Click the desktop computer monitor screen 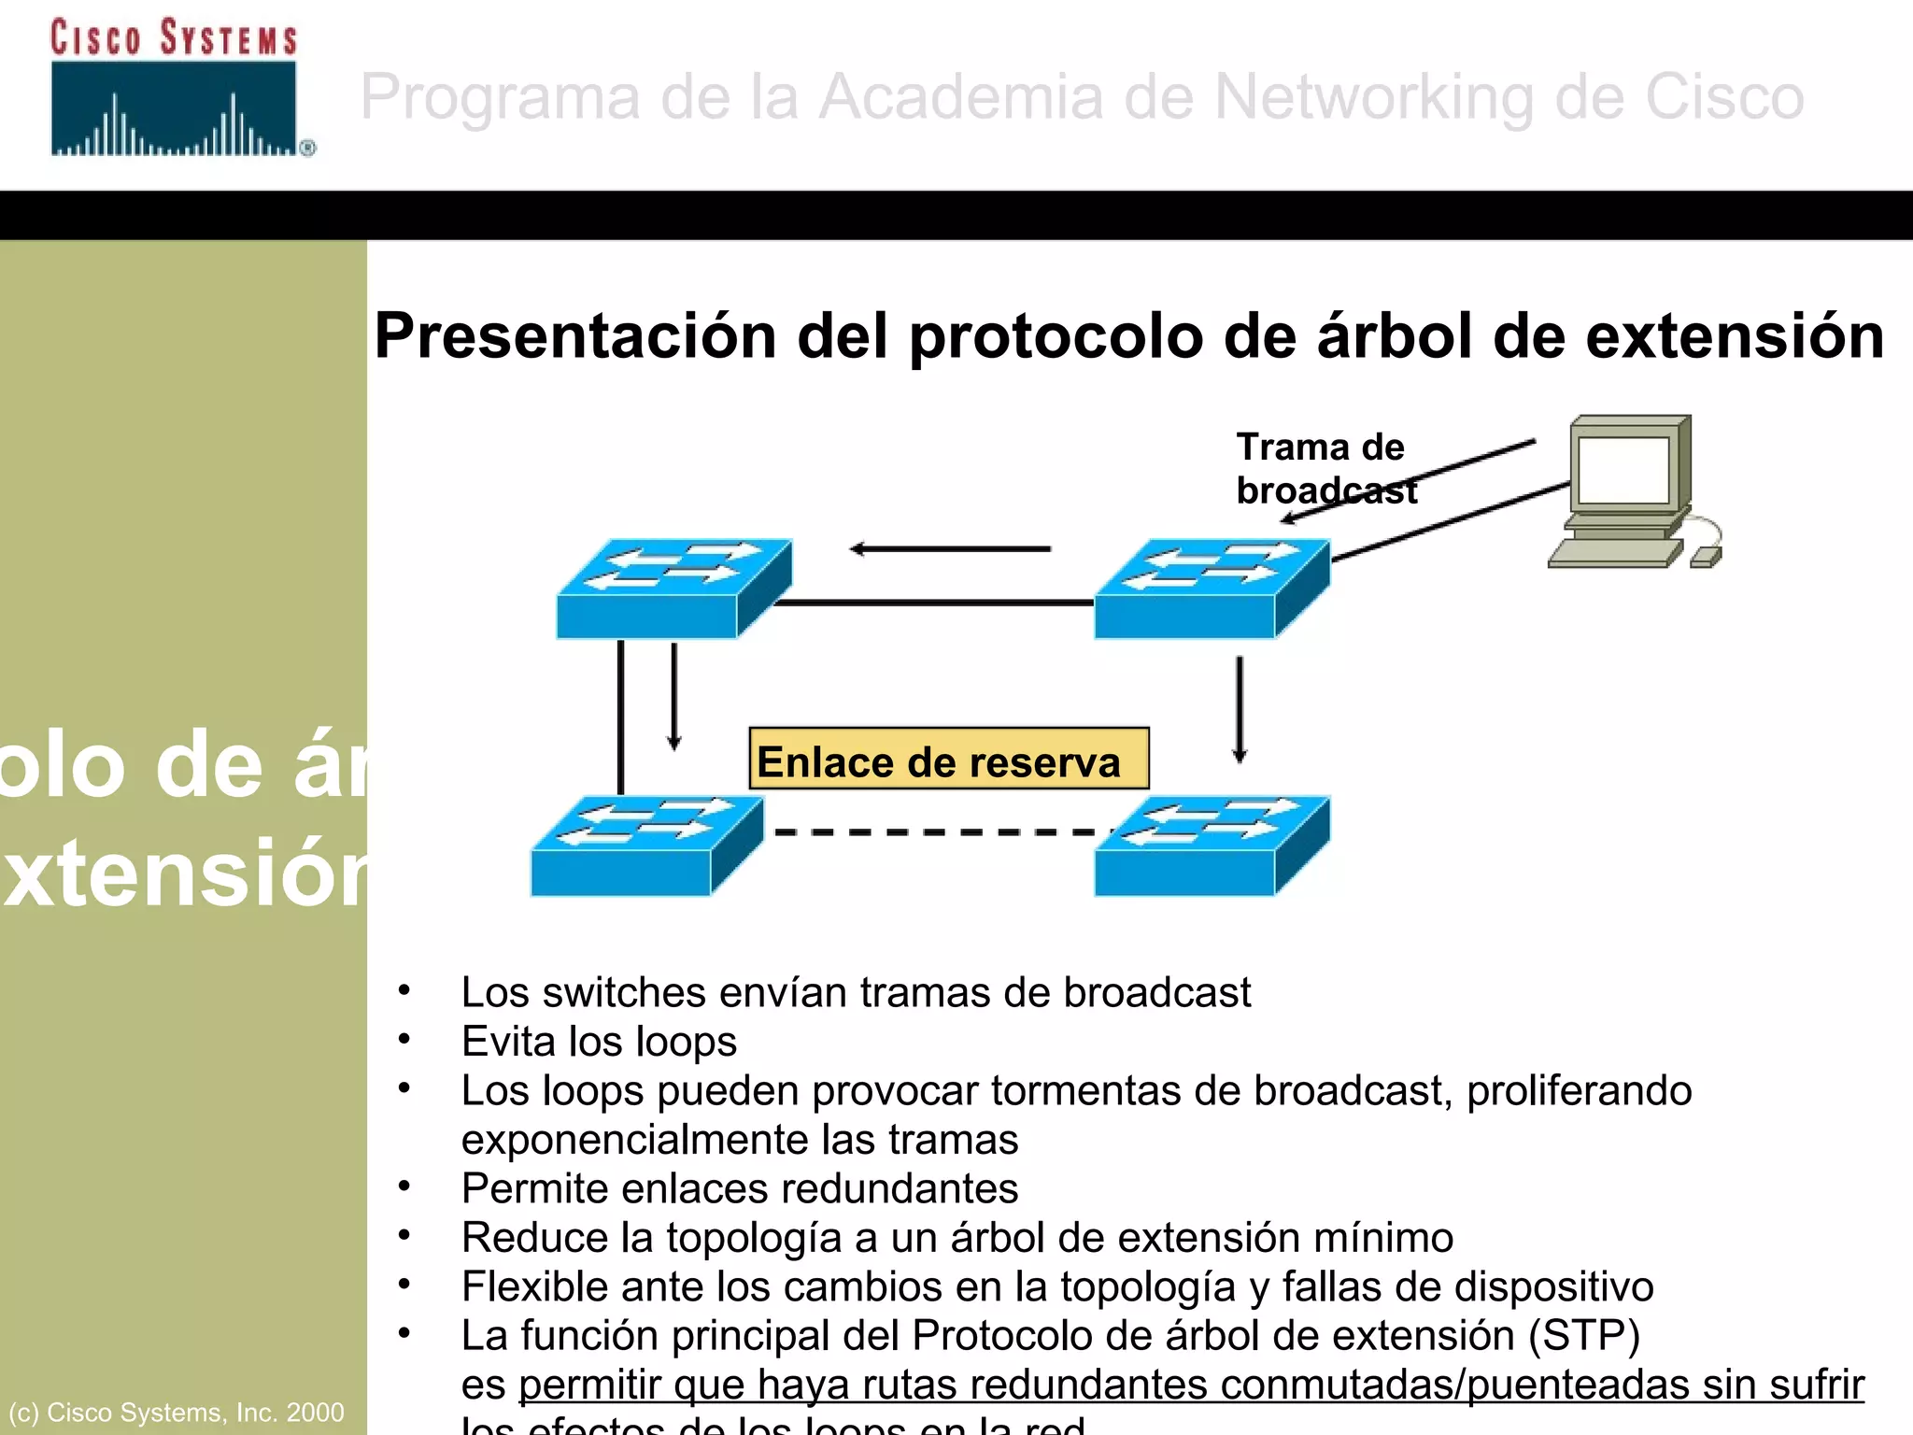coord(1623,471)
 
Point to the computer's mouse coord(1706,557)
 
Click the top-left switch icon coord(673,589)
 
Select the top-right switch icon coord(1212,589)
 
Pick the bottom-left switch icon coord(646,845)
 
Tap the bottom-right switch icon coord(1212,845)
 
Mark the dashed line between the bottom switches coord(934,831)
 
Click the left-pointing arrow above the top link coord(950,549)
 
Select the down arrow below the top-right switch coord(1240,710)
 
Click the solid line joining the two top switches coord(934,604)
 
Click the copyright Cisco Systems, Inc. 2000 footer coord(177,1412)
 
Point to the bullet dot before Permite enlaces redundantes coord(404,1186)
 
